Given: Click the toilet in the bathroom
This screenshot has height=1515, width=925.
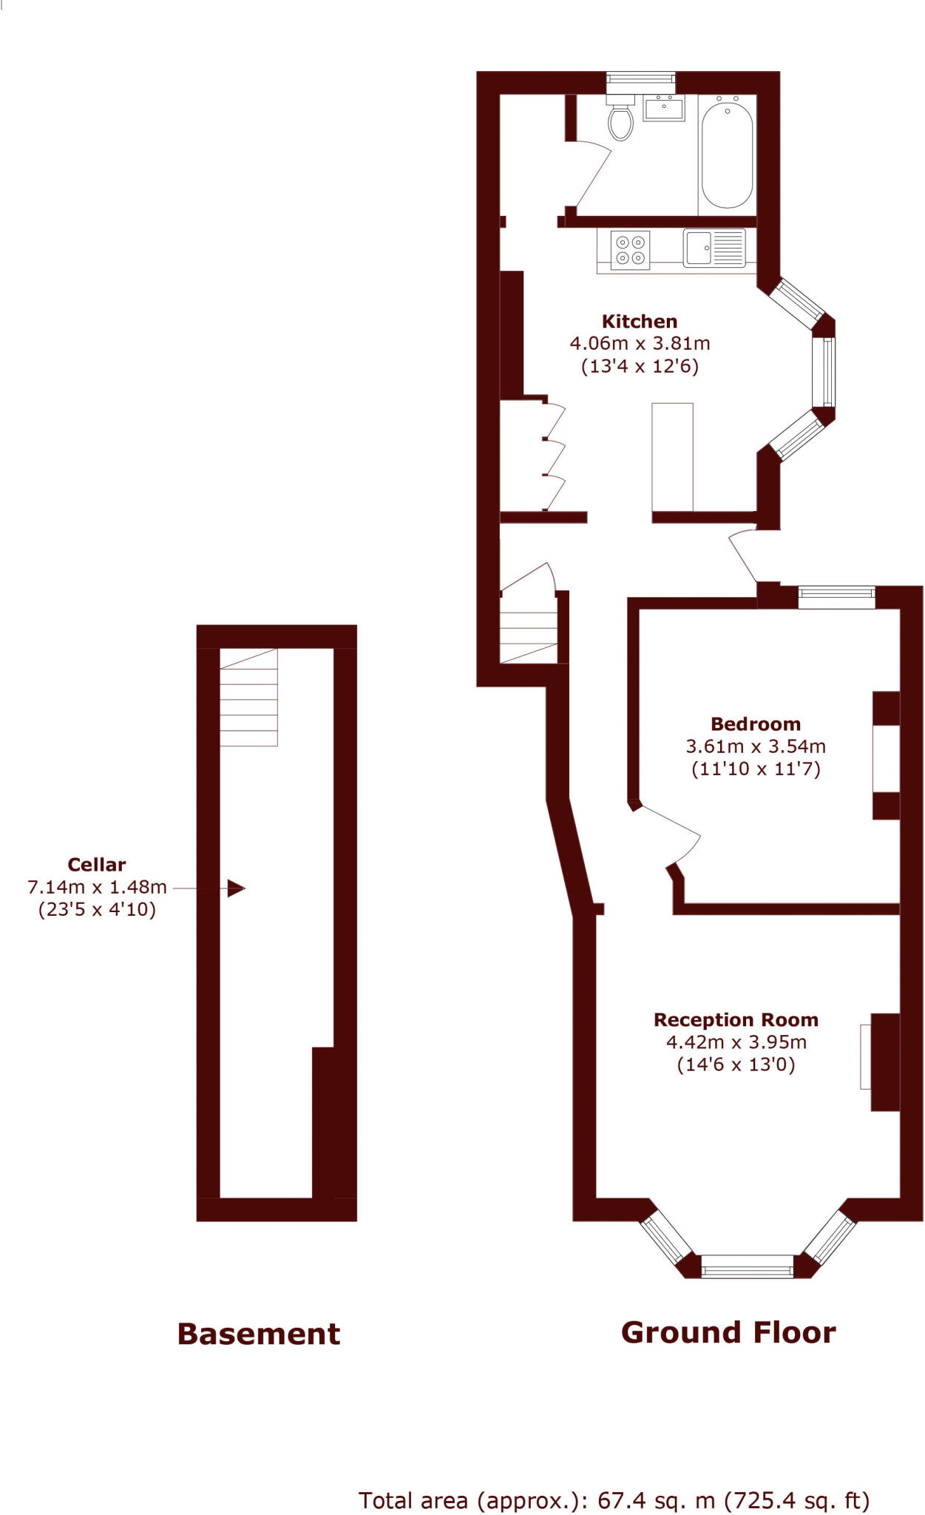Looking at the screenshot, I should [621, 120].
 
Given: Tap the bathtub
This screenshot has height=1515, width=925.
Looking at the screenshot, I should [727, 155].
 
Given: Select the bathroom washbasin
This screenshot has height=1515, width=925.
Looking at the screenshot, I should [664, 108].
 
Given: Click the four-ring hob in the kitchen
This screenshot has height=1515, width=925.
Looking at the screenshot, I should [630, 250].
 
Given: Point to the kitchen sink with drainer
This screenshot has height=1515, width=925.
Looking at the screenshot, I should [714, 248].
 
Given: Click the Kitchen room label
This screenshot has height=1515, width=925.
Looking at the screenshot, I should [640, 322].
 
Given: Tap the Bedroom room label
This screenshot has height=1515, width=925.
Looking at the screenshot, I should [755, 724].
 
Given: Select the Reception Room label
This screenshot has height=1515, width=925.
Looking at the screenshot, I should [736, 1020].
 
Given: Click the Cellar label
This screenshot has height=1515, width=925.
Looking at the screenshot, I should [96, 865].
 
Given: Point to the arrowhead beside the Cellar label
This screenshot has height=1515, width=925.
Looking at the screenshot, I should [236, 888].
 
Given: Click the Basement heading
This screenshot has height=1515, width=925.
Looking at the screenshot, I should [259, 1334].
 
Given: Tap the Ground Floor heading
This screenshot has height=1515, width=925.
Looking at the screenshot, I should [728, 1332].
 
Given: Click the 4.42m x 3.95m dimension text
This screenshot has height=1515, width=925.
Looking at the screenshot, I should [736, 1042].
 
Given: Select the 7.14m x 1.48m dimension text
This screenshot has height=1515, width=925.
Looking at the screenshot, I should [97, 887].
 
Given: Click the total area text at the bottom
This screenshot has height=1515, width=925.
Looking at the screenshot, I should [614, 1500].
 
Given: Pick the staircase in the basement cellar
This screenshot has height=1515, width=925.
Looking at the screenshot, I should [248, 698].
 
